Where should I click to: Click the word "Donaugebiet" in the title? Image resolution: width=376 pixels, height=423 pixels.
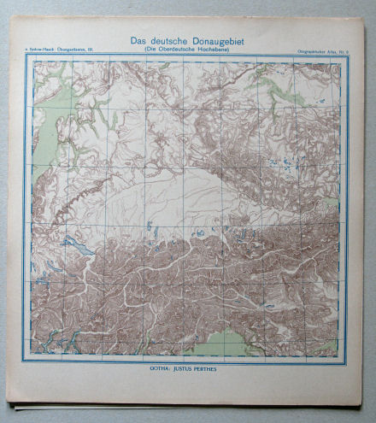pos(214,39)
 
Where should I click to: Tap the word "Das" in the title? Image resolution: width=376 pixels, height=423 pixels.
pos(140,39)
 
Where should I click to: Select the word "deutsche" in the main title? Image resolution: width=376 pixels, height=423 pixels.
pos(169,39)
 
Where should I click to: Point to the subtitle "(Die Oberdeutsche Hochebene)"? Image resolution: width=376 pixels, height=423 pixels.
pos(189,50)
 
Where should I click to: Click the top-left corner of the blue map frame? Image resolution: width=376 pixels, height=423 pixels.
pos(26,57)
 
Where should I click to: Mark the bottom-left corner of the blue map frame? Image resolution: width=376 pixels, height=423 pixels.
pos(26,361)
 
